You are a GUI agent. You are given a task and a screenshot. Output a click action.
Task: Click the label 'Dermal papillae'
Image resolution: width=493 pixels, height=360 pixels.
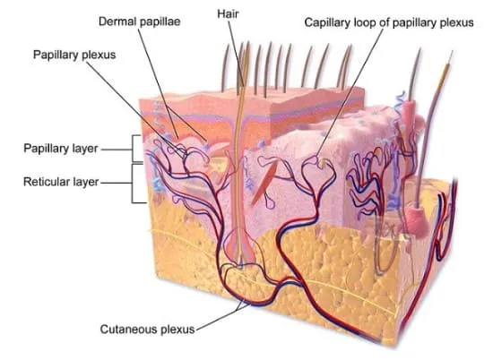(139, 21)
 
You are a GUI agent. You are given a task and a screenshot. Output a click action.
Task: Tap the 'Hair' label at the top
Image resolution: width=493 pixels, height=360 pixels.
(228, 13)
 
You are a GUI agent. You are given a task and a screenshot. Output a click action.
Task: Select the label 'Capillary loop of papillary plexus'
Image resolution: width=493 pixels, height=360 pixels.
(389, 22)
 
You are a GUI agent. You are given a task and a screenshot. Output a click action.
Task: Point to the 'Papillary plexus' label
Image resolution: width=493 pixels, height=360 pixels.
(74, 55)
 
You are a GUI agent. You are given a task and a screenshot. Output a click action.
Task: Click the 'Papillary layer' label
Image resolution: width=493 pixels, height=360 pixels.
(61, 149)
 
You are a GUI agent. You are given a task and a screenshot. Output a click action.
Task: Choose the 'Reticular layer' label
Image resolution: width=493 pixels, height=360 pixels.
(61, 182)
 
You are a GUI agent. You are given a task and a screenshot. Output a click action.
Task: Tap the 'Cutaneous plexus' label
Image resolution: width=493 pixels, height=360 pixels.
(148, 330)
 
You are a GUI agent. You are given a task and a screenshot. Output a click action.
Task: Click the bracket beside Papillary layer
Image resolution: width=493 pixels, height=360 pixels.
(133, 149)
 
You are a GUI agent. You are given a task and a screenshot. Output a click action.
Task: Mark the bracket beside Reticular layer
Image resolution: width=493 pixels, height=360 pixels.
(132, 184)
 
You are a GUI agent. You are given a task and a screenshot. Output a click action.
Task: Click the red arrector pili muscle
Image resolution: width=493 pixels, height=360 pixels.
(264, 183)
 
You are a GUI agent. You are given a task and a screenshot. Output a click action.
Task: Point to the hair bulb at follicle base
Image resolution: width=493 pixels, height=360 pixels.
(240, 252)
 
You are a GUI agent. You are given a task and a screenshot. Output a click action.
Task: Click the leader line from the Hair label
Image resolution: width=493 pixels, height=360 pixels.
(236, 54)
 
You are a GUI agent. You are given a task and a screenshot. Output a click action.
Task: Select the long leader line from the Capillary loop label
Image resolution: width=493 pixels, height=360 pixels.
(350, 92)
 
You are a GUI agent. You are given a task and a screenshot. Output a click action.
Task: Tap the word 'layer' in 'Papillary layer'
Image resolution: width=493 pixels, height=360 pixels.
(85, 149)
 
